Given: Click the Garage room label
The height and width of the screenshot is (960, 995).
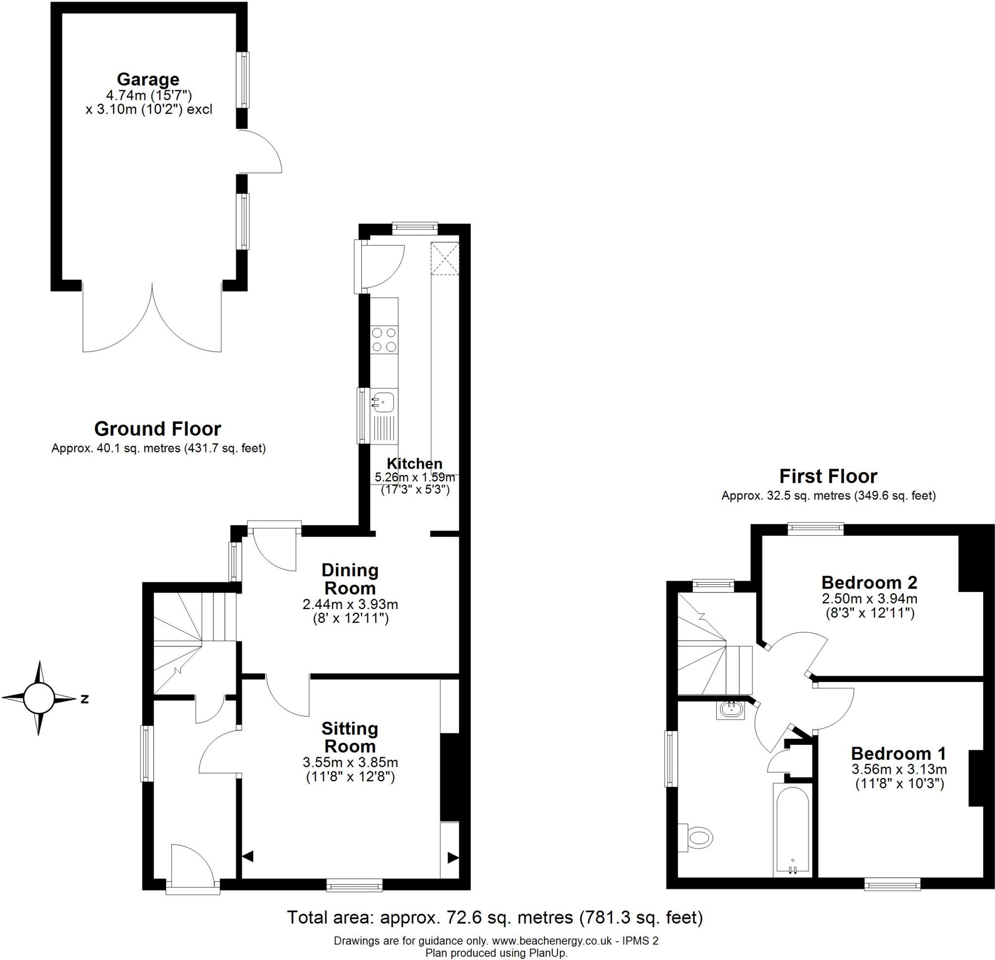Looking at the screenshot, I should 148,80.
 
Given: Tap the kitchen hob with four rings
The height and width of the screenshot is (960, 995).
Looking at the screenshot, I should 384,340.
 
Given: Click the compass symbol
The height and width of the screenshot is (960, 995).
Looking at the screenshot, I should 38,699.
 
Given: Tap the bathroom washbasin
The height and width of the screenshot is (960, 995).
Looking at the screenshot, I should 731,710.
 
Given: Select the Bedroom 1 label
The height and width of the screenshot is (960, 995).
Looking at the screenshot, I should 898,753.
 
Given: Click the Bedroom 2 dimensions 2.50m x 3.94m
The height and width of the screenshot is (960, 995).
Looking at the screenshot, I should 870,598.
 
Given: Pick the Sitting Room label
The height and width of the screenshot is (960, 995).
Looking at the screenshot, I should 350,737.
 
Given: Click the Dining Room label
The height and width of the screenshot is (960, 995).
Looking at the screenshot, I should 350,579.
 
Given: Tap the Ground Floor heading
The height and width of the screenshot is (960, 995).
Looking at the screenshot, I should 157,429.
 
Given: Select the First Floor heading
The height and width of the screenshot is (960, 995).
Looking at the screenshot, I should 828,476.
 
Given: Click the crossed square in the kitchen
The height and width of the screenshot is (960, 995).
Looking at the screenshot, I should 445,259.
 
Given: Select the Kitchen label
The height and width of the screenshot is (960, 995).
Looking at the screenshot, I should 414,464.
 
